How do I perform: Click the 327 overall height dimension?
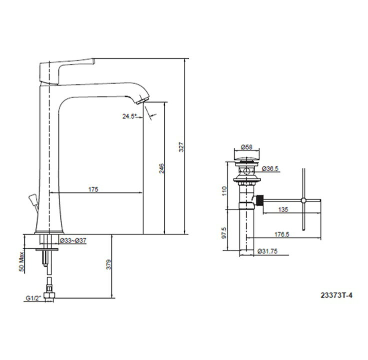point(181,147)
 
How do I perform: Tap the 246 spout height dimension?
point(162,168)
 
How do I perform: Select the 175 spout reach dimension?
point(93,189)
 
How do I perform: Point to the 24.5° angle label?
point(129,116)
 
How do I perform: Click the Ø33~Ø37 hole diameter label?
point(73,240)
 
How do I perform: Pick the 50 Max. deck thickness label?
point(21,262)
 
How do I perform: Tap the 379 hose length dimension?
point(109,264)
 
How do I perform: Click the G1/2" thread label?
point(33,298)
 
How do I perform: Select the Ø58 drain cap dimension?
point(247,147)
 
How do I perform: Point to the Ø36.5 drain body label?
point(270,168)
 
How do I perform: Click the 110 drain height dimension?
point(225,191)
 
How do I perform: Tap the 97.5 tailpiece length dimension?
point(225,233)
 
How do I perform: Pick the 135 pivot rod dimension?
point(283,209)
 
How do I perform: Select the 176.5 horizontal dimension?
point(282,234)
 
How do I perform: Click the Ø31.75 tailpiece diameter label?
point(267,251)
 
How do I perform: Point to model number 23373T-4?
point(337,295)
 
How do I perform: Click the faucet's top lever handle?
point(67,70)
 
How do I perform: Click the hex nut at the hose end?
point(49,295)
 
